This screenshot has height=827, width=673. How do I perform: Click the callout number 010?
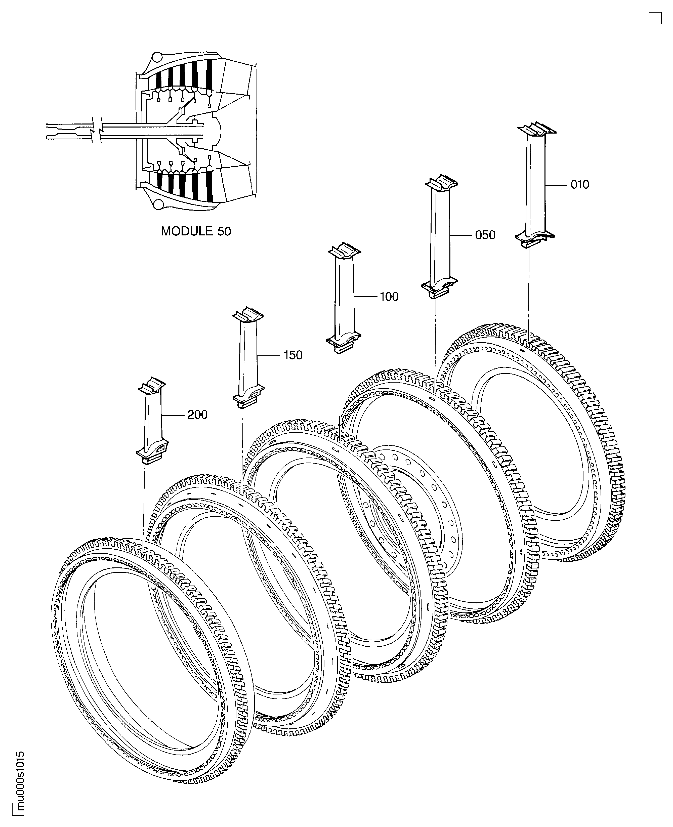click(x=580, y=185)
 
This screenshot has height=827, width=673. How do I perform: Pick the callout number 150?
click(x=293, y=355)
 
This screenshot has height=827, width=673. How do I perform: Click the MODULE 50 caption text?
click(x=196, y=231)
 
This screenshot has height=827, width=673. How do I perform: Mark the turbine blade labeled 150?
click(x=248, y=357)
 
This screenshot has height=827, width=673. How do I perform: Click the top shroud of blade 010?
click(x=537, y=130)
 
